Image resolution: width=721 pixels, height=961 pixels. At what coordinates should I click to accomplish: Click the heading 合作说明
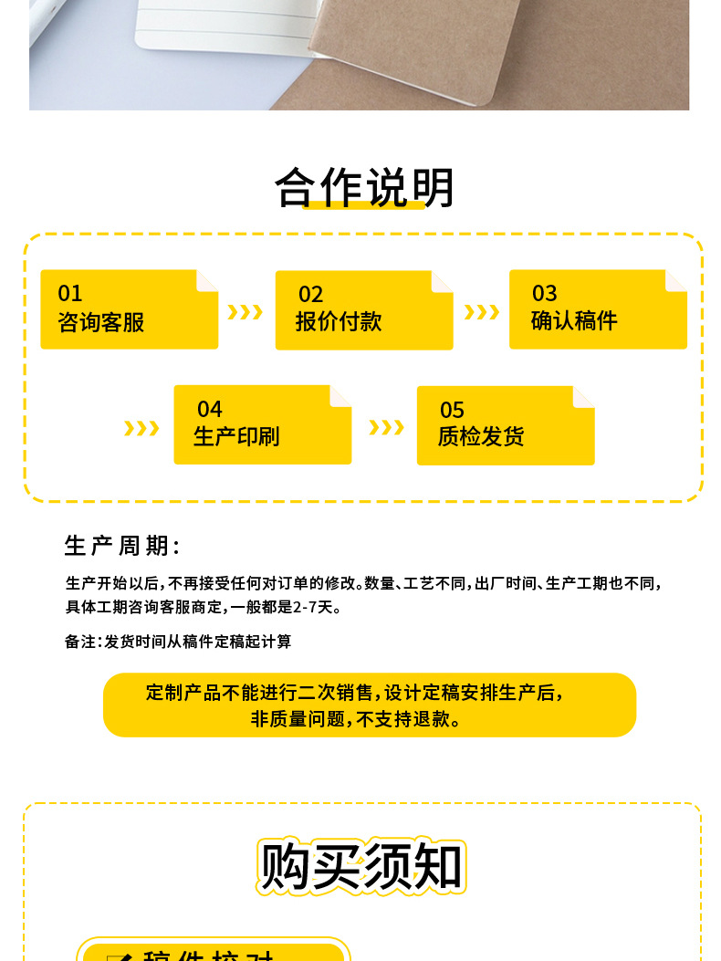click(364, 188)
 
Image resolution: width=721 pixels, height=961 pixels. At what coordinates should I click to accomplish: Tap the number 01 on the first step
click(70, 294)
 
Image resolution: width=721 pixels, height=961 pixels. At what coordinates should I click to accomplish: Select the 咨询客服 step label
click(101, 322)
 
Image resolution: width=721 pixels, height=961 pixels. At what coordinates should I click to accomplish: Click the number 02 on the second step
click(311, 294)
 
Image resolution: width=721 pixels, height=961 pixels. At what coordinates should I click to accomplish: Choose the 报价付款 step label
click(339, 321)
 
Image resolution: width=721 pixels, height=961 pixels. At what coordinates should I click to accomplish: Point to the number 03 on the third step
click(545, 293)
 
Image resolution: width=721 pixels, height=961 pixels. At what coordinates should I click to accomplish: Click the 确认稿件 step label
click(574, 320)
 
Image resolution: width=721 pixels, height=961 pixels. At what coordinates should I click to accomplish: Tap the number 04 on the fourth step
click(210, 409)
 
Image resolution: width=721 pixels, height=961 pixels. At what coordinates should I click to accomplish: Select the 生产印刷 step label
click(236, 436)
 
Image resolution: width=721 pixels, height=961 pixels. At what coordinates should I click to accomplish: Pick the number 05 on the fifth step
click(453, 410)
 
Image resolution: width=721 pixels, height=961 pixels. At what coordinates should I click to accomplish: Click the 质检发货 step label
click(481, 437)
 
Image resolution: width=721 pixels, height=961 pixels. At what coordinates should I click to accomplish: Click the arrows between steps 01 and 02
click(245, 312)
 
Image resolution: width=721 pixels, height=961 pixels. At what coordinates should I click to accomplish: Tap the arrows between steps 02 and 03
click(481, 312)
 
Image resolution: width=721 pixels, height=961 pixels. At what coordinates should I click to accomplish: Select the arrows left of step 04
click(141, 428)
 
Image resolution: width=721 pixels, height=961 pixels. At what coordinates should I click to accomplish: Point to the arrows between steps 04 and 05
click(386, 427)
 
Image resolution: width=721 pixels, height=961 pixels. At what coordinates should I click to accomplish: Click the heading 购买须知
click(361, 865)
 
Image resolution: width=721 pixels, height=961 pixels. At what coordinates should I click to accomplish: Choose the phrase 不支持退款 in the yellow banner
click(405, 719)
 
